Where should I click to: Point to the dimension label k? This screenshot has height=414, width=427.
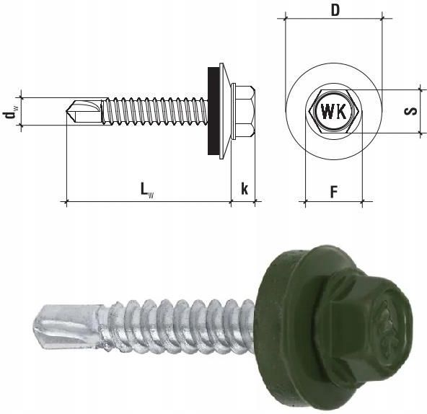pos(245,189)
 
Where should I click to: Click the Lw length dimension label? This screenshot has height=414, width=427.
pos(146,190)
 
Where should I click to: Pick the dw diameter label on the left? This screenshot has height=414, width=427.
pos(9,112)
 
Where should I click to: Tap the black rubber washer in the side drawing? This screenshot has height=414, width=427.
pos(214,112)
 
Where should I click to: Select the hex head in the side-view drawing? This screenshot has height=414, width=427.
pos(243,112)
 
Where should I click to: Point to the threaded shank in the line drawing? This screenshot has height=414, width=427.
pos(155,112)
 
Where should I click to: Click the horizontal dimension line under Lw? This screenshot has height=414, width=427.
pos(148,203)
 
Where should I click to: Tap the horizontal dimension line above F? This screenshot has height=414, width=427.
pos(334,203)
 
